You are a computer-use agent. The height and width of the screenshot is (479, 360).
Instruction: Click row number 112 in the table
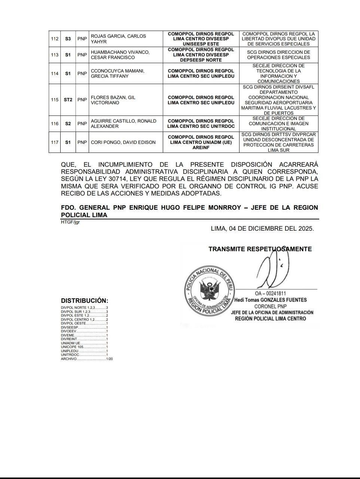tap(55, 39)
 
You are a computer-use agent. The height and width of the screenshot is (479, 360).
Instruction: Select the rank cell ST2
tap(68, 100)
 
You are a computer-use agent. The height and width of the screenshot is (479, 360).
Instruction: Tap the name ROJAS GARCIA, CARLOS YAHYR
tap(118, 39)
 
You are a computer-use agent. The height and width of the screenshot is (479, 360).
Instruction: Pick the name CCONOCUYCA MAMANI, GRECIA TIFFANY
tap(118, 74)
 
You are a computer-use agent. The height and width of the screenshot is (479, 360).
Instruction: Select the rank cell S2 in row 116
tap(68, 124)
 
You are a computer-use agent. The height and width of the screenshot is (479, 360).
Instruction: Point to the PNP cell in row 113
tap(82, 55)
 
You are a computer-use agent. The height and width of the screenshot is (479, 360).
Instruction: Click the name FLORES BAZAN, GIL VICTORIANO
tap(113, 100)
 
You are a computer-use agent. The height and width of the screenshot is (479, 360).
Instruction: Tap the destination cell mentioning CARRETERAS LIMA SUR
tap(278, 142)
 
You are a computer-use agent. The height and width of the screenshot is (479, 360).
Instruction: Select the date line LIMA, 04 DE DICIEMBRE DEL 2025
tap(262, 228)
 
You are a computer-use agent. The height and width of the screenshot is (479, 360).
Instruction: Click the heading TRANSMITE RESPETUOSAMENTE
tap(260, 249)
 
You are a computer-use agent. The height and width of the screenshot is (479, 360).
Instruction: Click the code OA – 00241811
tap(270, 294)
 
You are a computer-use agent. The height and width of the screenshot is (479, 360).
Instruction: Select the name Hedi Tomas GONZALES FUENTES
tap(270, 300)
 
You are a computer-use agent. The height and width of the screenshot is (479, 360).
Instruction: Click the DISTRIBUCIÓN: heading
tap(85, 301)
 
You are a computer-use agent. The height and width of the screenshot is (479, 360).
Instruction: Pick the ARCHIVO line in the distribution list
tap(86, 359)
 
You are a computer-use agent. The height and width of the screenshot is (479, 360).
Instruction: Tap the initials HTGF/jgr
tap(70, 222)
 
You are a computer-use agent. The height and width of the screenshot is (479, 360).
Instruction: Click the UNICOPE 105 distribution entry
tap(84, 347)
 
